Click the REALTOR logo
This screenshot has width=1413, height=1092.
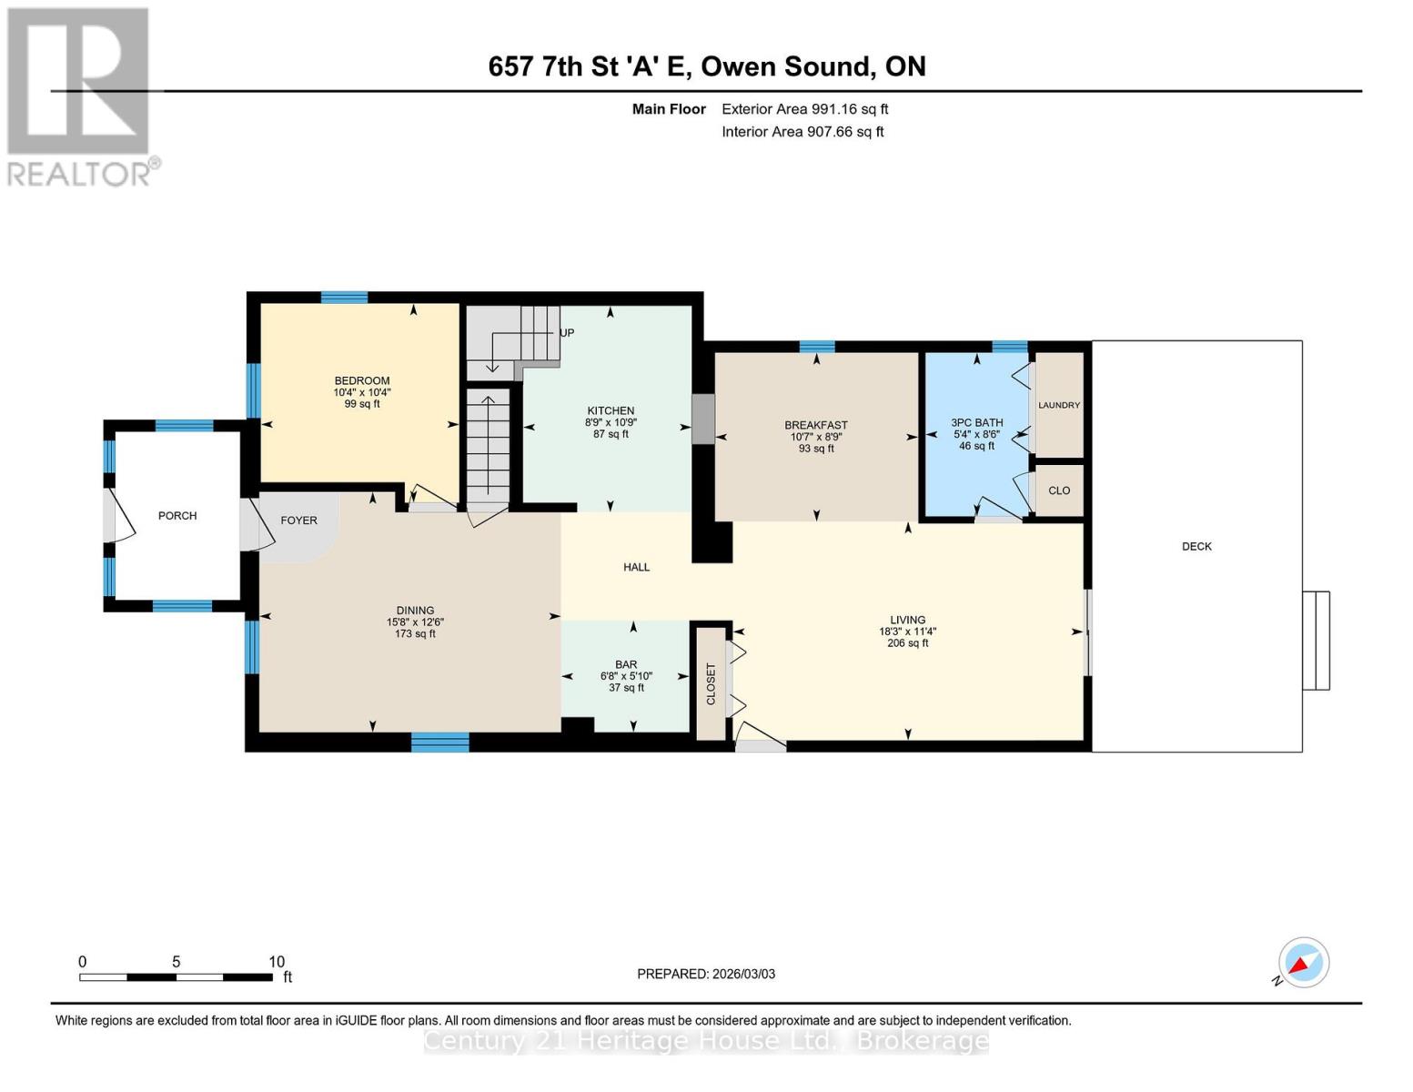click(80, 96)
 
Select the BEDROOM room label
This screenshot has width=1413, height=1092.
click(362, 380)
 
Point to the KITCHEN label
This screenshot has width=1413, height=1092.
click(611, 410)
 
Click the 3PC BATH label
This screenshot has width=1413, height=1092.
click(976, 422)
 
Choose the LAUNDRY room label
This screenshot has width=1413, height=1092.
click(1059, 405)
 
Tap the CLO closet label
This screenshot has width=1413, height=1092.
click(1059, 490)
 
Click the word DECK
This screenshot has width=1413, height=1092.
click(1196, 546)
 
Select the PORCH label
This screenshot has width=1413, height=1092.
click(177, 515)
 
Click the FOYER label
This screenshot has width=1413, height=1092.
click(298, 521)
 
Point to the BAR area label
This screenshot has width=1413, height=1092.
click(626, 664)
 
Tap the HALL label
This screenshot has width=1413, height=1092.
click(636, 567)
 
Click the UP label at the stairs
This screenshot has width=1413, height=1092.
click(567, 333)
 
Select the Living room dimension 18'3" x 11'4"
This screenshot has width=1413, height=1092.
click(907, 632)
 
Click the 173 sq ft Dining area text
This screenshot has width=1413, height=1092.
click(415, 634)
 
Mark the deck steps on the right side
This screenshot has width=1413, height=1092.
click(1316, 640)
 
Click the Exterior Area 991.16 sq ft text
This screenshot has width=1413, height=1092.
click(804, 109)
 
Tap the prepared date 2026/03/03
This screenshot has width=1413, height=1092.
click(706, 974)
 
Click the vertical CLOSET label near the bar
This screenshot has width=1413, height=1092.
click(711, 683)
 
